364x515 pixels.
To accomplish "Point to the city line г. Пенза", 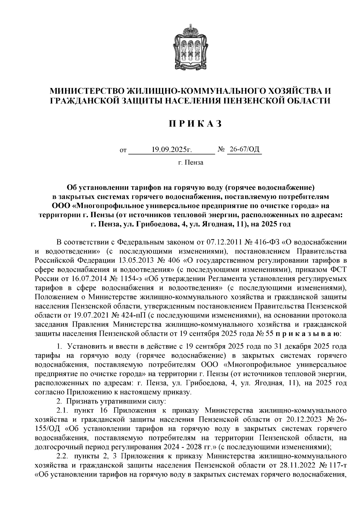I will (x=190, y=163).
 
